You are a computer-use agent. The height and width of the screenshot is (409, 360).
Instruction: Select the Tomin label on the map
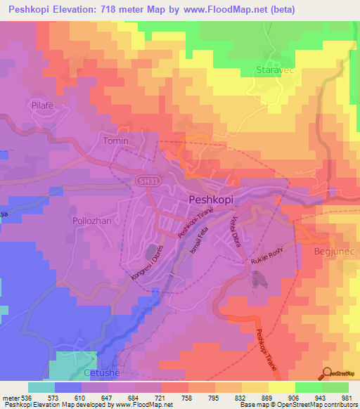pos(116,141)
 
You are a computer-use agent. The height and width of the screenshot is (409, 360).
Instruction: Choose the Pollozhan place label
pos(92,220)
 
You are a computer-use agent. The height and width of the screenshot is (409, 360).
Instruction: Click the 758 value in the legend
pos(187,397)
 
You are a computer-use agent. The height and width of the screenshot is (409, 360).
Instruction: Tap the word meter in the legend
pos(11,397)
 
